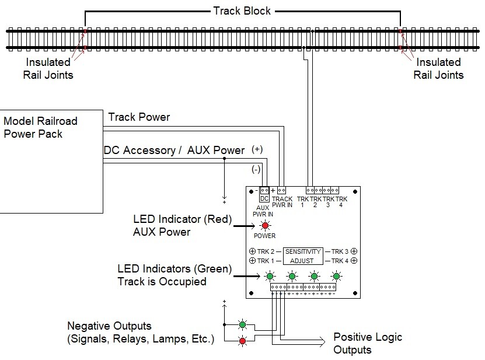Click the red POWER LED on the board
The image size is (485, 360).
coord(265,226)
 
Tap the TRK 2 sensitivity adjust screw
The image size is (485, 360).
coord(252,251)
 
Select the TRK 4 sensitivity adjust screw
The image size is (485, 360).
coord(354,260)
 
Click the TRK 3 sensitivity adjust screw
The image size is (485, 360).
coord(354,251)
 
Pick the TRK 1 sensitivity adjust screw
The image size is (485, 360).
coord(252,260)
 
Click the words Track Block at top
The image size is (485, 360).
coord(242,11)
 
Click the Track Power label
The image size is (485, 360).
coord(139,117)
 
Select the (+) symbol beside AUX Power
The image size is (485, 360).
coord(257,149)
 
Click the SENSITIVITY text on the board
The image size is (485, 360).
coord(303,251)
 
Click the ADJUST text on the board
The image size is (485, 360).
coord(303,260)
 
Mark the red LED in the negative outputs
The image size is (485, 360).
coord(242,340)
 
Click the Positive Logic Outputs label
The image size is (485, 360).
coord(368,344)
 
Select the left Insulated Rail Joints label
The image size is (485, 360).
coord(48,68)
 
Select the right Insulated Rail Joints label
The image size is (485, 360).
coord(438,68)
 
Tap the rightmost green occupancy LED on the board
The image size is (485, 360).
coord(337,276)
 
